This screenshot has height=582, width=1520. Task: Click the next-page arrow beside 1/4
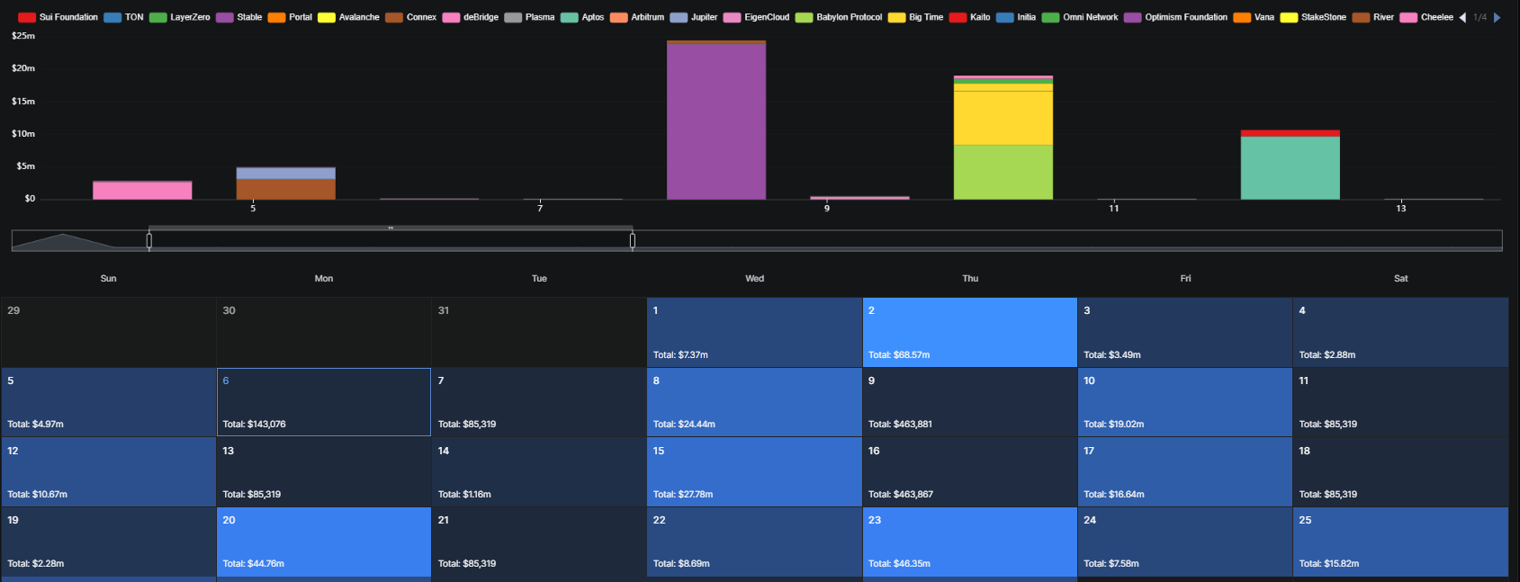tap(1497, 17)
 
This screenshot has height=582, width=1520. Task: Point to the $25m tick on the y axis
tap(23, 36)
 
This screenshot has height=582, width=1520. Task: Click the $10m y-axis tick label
tap(23, 134)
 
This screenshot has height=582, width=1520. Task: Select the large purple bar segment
tap(716, 121)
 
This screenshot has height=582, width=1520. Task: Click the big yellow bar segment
tap(1003, 118)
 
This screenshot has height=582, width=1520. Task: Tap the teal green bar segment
tap(1290, 167)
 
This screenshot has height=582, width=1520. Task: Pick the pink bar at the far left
tap(142, 190)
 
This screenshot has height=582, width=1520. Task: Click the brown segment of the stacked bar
tap(285, 189)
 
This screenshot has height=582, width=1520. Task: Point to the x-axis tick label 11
tap(1113, 209)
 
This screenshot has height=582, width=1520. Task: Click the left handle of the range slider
tap(149, 240)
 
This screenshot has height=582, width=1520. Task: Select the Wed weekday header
tap(754, 279)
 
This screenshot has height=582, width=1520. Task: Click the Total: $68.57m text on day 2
tap(899, 355)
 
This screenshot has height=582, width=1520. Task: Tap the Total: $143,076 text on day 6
tap(254, 425)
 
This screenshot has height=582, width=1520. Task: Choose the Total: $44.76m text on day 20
tap(253, 564)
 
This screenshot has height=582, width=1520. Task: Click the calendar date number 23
tap(875, 521)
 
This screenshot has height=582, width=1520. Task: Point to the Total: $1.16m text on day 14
tap(464, 495)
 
